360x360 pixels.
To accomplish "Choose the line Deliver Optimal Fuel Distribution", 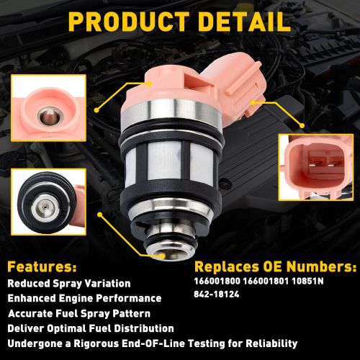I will (91, 328).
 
